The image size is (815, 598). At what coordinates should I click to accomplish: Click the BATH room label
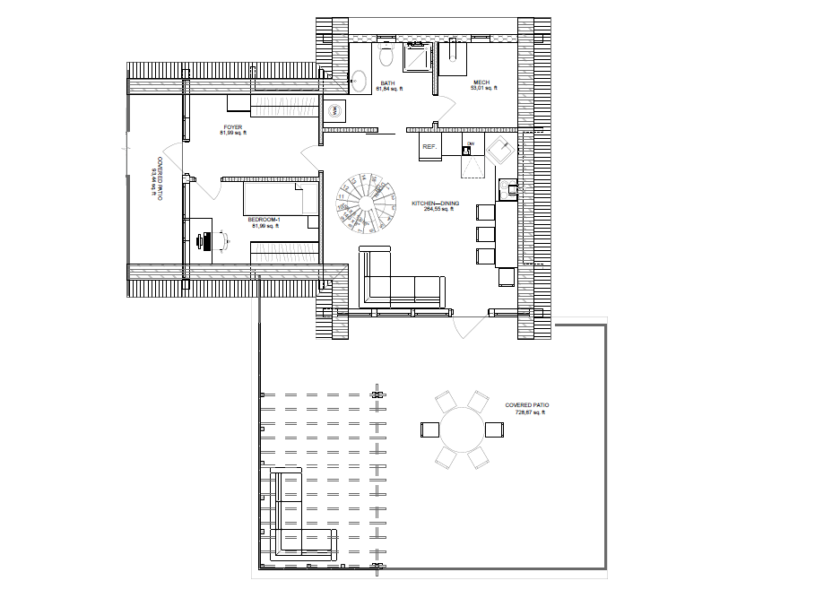(387, 82)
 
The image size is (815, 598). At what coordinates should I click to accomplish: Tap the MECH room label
(480, 82)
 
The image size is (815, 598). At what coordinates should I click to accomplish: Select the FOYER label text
(232, 127)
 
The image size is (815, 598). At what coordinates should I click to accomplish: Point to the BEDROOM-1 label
(265, 220)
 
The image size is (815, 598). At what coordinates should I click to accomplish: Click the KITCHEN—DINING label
(435, 204)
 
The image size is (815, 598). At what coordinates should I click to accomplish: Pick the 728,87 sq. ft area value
(527, 412)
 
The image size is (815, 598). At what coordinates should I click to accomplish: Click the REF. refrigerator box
(429, 146)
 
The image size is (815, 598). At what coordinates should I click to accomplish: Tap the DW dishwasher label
(469, 143)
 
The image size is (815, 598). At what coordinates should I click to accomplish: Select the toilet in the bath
(386, 56)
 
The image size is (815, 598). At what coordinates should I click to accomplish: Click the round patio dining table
(461, 430)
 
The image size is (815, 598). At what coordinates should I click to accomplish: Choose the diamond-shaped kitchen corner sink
(499, 150)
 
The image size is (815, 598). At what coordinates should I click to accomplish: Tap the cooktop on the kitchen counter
(509, 187)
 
